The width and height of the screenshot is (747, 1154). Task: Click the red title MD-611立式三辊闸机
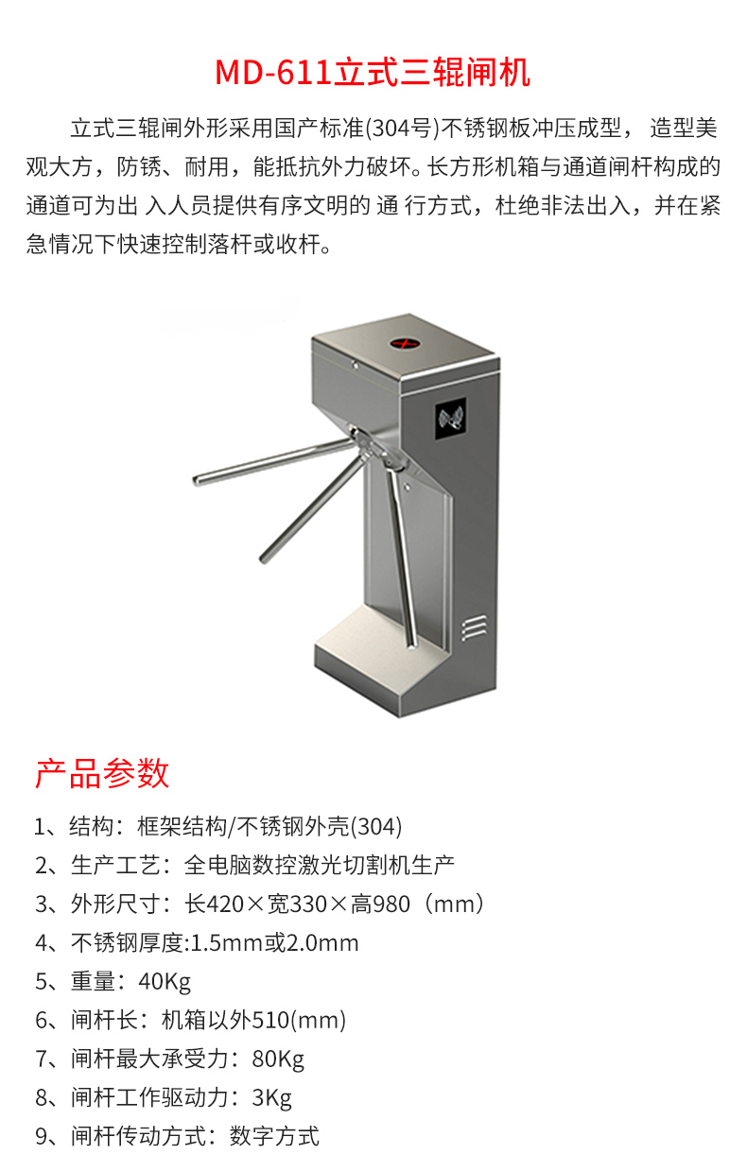373,72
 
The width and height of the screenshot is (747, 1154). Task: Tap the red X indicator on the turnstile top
404,343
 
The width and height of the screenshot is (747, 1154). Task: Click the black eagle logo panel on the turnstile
451,419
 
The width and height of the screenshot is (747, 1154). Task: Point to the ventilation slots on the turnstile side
474,628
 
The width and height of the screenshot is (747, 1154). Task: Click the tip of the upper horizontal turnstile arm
197,481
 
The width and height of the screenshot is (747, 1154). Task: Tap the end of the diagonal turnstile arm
264,559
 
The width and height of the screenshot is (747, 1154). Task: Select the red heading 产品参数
102,773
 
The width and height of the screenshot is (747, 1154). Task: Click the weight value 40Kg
165,982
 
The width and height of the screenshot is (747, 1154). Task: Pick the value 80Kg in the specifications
278,1059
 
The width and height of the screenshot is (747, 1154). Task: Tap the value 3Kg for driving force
271,1098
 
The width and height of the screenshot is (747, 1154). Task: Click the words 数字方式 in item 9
274,1136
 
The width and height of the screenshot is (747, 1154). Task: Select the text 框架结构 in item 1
182,826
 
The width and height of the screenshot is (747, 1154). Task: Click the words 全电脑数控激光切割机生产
319,866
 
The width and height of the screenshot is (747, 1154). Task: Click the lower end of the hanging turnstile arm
412,644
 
